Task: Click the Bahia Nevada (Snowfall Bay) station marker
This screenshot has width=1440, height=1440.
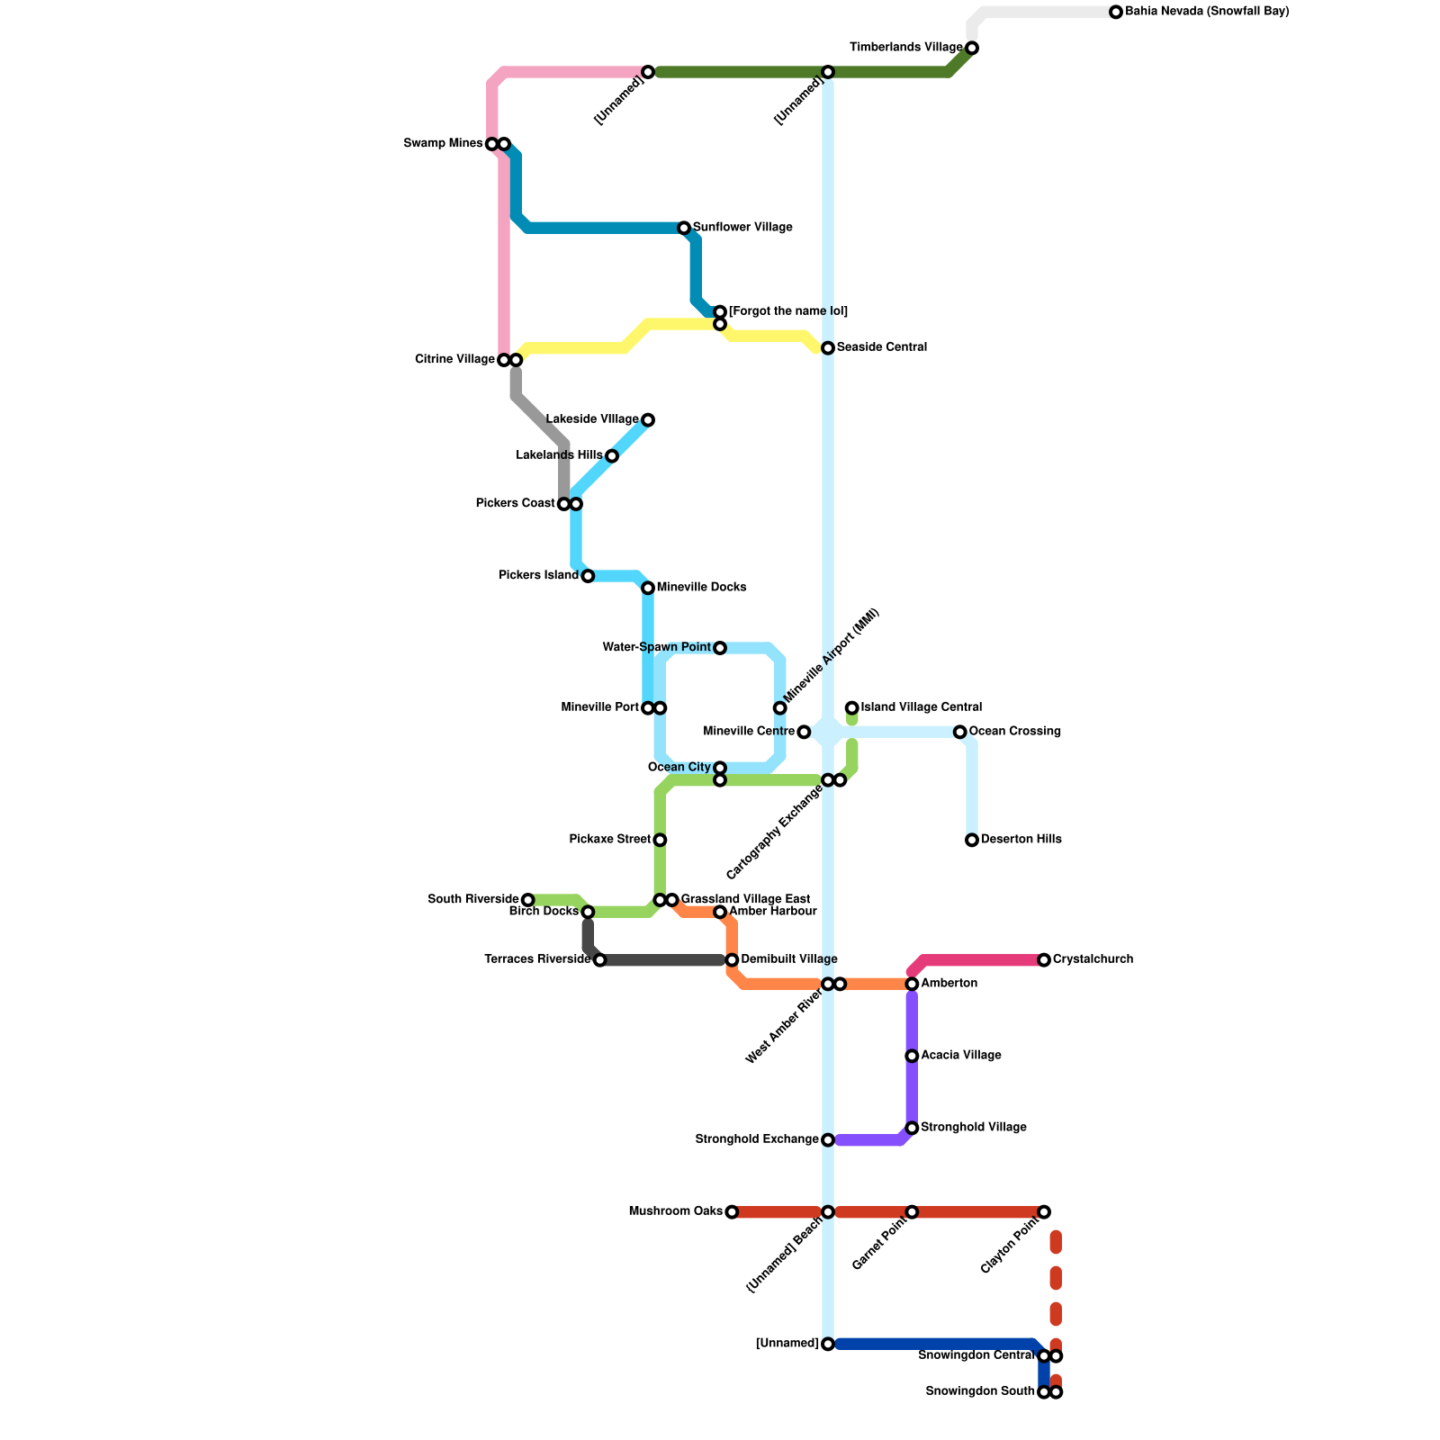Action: [1116, 12]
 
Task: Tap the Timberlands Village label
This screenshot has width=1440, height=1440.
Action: [906, 47]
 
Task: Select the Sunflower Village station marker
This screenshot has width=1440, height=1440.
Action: [684, 228]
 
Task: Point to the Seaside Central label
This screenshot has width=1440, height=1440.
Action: [881, 347]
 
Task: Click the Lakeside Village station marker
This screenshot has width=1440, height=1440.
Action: [648, 420]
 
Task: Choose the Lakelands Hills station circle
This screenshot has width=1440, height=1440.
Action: [612, 456]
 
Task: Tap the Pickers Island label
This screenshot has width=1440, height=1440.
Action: [538, 576]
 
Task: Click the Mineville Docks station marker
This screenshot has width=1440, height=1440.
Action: [648, 588]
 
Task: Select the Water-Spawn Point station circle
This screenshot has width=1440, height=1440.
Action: [720, 648]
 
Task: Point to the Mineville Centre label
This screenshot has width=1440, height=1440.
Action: [749, 732]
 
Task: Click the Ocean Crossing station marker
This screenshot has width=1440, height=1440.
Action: [960, 732]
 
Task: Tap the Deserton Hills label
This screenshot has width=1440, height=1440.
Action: [1021, 840]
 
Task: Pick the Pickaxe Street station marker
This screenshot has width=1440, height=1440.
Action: [660, 840]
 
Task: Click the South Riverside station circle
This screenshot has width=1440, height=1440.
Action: [528, 900]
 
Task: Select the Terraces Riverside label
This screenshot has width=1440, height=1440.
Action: [537, 959]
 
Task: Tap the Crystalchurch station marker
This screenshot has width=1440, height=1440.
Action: [1044, 960]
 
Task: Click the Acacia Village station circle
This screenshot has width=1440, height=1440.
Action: [912, 1056]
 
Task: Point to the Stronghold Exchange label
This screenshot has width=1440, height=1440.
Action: [758, 1139]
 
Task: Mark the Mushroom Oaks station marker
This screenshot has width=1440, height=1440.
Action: [732, 1212]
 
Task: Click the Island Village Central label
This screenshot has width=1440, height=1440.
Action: [921, 707]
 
